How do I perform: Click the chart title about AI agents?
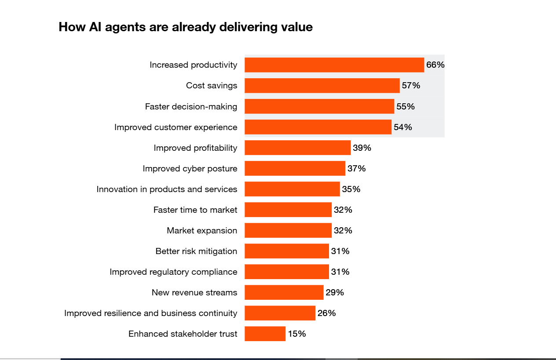tap(185, 27)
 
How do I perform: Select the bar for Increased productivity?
tap(334, 65)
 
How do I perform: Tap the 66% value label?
tap(435, 65)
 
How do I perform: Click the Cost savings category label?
tap(211, 86)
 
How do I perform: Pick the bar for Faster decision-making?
tap(319, 106)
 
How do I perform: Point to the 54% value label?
tap(402, 127)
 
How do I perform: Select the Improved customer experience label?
tap(176, 127)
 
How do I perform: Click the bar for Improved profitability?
tap(297, 148)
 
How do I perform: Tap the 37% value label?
tap(356, 168)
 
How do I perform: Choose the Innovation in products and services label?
tap(167, 189)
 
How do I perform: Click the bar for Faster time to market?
tap(288, 210)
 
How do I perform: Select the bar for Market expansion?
tap(288, 230)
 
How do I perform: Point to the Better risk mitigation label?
tap(196, 251)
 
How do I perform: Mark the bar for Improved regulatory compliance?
tap(286, 272)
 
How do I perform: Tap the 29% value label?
tap(334, 292)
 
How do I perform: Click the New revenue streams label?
tap(194, 292)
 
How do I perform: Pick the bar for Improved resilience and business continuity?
tap(280, 313)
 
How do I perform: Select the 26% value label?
tap(326, 313)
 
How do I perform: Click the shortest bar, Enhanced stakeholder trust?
tap(265, 334)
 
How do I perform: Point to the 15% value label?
tap(296, 334)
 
